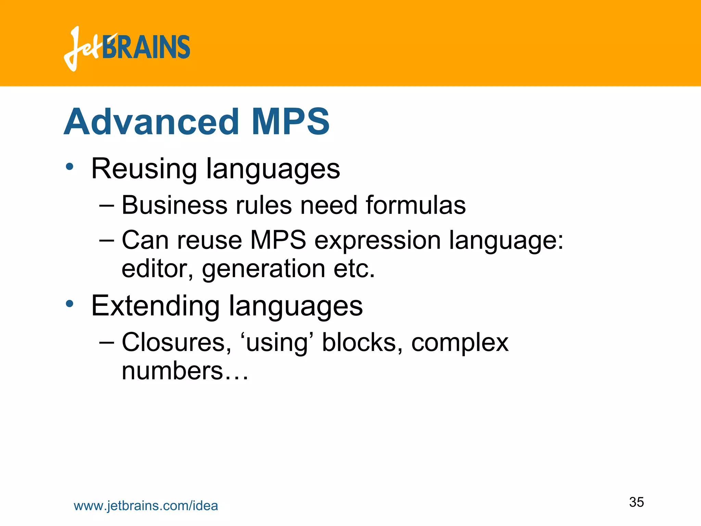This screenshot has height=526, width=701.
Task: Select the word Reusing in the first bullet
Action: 144,168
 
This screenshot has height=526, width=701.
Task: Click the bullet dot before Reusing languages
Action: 70,167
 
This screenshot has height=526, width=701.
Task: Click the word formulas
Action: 416,205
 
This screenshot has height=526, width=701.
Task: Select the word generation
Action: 264,269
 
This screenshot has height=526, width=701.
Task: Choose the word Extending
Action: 155,306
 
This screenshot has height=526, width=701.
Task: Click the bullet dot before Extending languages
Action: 70,303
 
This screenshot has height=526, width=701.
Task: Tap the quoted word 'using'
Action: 277,343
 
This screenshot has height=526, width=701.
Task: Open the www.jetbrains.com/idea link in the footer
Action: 146,506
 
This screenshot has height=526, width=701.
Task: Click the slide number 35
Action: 636,502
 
